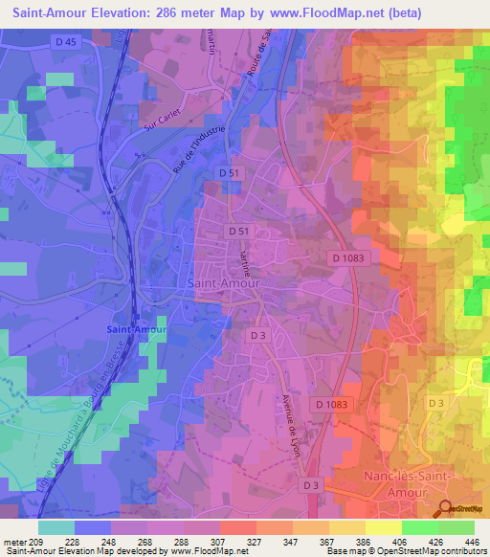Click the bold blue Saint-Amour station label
pyautogui.click(x=137, y=329)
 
